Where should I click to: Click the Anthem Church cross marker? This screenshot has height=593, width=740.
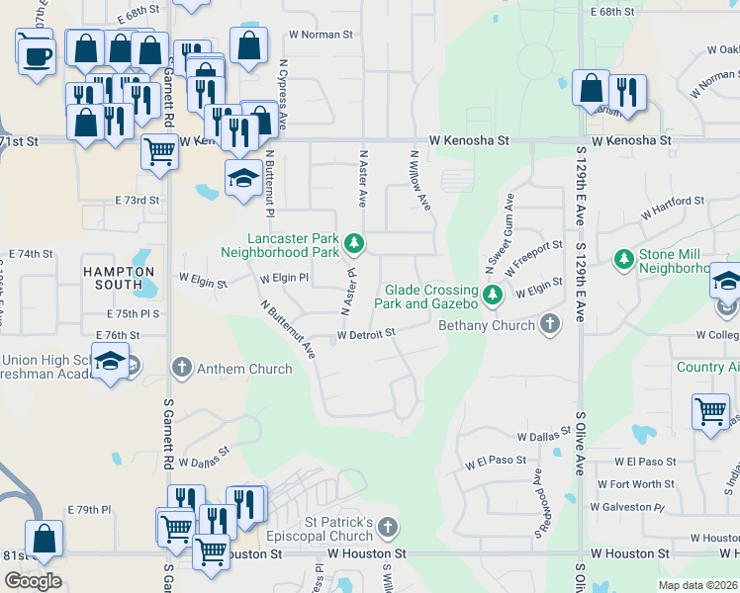pos(181,369)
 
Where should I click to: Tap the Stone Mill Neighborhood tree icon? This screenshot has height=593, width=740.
pos(623,259)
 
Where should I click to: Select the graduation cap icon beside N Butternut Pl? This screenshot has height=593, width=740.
pos(243,179)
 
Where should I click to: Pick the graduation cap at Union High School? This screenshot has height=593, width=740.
pos(111,360)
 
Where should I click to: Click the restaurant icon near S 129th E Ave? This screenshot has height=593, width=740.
pos(627,91)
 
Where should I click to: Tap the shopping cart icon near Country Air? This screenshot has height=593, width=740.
pos(711,410)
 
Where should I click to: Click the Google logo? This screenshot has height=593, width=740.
pos(33,581)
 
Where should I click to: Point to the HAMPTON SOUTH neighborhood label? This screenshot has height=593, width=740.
pos(119,278)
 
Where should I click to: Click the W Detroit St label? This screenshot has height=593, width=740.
pos(366,335)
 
